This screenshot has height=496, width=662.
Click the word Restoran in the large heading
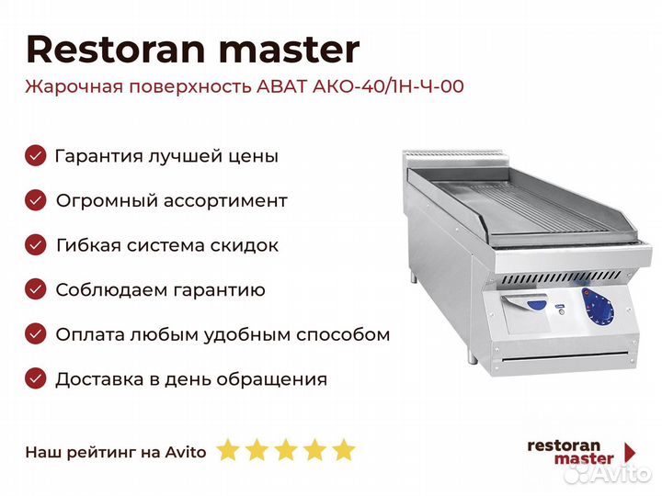click(116, 50)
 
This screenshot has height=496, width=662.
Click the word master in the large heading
click(290, 50)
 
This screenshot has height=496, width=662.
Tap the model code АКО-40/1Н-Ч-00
click(388, 86)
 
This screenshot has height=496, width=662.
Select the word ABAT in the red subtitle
click(281, 86)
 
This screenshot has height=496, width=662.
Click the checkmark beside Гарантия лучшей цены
click(36, 155)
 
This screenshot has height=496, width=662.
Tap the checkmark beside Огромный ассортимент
click(36, 200)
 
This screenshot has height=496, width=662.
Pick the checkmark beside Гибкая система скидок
click(36, 244)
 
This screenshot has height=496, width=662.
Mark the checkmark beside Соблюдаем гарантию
click(36, 289)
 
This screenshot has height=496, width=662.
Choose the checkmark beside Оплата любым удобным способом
click(36, 334)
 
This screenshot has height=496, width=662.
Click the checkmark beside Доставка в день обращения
click(36, 378)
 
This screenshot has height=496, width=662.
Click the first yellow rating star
click(228, 449)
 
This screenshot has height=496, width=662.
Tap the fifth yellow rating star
click(344, 449)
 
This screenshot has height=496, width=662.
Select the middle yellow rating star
click(286, 449)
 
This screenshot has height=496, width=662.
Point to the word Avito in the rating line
click(186, 452)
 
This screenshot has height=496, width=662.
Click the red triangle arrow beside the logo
click(630, 452)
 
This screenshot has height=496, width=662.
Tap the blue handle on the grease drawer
click(537, 305)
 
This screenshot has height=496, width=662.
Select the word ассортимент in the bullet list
click(225, 201)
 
